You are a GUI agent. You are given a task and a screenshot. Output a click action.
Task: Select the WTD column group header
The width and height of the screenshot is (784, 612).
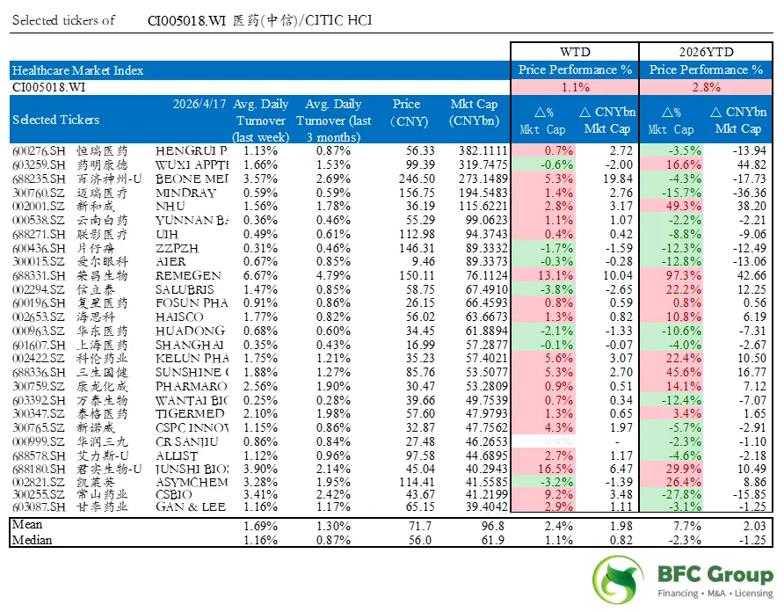tap(575, 52)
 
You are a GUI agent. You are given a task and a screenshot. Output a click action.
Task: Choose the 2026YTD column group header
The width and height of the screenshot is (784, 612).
tap(707, 52)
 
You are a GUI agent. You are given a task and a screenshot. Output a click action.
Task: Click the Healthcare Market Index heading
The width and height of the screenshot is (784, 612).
tap(77, 69)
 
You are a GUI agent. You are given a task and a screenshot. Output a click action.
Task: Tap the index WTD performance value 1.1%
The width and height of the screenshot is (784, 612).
tap(575, 87)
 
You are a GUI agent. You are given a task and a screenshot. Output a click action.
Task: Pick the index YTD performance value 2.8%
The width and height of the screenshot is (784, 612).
tap(707, 87)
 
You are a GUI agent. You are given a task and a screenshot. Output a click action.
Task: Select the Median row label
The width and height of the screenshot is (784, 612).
tap(32, 539)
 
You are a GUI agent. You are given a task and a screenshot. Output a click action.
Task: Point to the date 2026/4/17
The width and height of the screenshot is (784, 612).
tap(198, 104)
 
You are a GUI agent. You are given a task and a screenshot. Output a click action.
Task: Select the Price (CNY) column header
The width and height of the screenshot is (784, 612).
tap(407, 112)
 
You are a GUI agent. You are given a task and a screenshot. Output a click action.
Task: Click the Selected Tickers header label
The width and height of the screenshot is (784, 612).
tap(56, 120)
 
